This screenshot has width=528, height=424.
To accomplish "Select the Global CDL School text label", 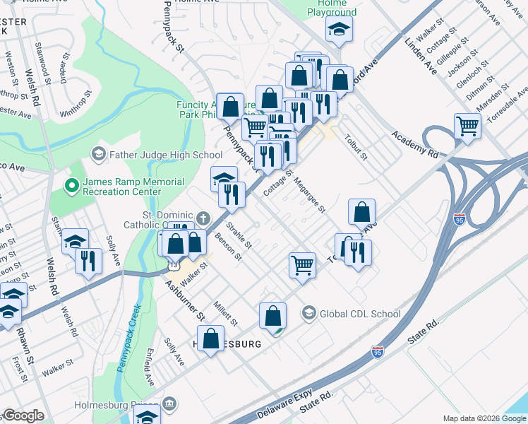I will (x=360, y=314).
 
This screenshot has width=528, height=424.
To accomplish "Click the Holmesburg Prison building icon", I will (x=169, y=405).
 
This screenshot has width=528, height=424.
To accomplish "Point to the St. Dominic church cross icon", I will (x=203, y=218).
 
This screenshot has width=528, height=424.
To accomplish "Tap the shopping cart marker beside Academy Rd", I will (x=467, y=126).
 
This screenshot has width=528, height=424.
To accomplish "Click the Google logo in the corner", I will (x=23, y=416).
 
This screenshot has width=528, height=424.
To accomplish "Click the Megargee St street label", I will (x=309, y=195).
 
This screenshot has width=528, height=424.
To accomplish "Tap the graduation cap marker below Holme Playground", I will (x=339, y=30).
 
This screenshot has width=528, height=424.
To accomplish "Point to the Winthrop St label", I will (x=76, y=103).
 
